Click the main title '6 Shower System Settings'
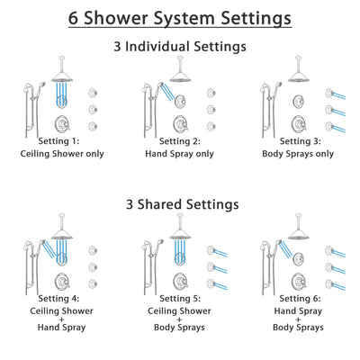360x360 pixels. coord(180,18)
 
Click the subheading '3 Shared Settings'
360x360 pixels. coord(180,204)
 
